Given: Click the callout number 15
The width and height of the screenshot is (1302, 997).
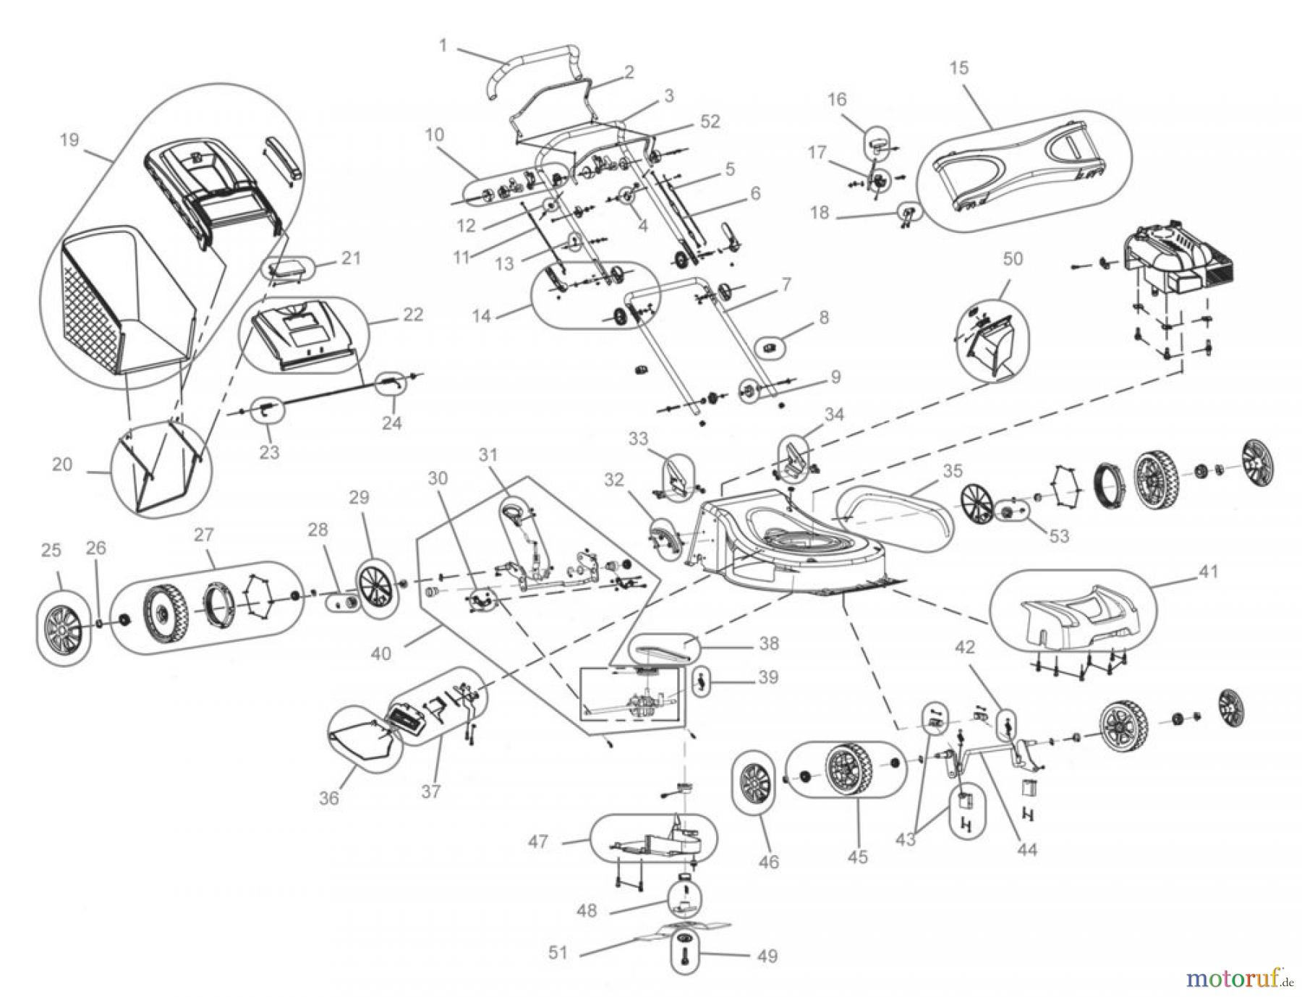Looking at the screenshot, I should tap(958, 68).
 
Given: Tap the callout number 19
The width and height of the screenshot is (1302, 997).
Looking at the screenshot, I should tap(69, 139).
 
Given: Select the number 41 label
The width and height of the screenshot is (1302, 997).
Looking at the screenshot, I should tap(1208, 572).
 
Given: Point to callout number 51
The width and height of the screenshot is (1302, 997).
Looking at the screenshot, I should tap(558, 952).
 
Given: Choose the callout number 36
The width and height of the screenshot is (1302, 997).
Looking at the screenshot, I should tap(329, 797).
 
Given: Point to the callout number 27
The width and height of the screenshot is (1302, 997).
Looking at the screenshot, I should tap(204, 534).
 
